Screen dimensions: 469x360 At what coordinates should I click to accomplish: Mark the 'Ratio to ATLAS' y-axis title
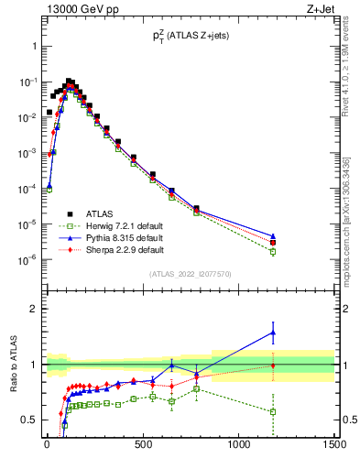coord(16,365)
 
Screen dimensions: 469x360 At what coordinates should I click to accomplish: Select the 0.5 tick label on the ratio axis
coord(29,420)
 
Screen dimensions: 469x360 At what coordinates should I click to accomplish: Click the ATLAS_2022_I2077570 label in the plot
coord(190,274)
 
